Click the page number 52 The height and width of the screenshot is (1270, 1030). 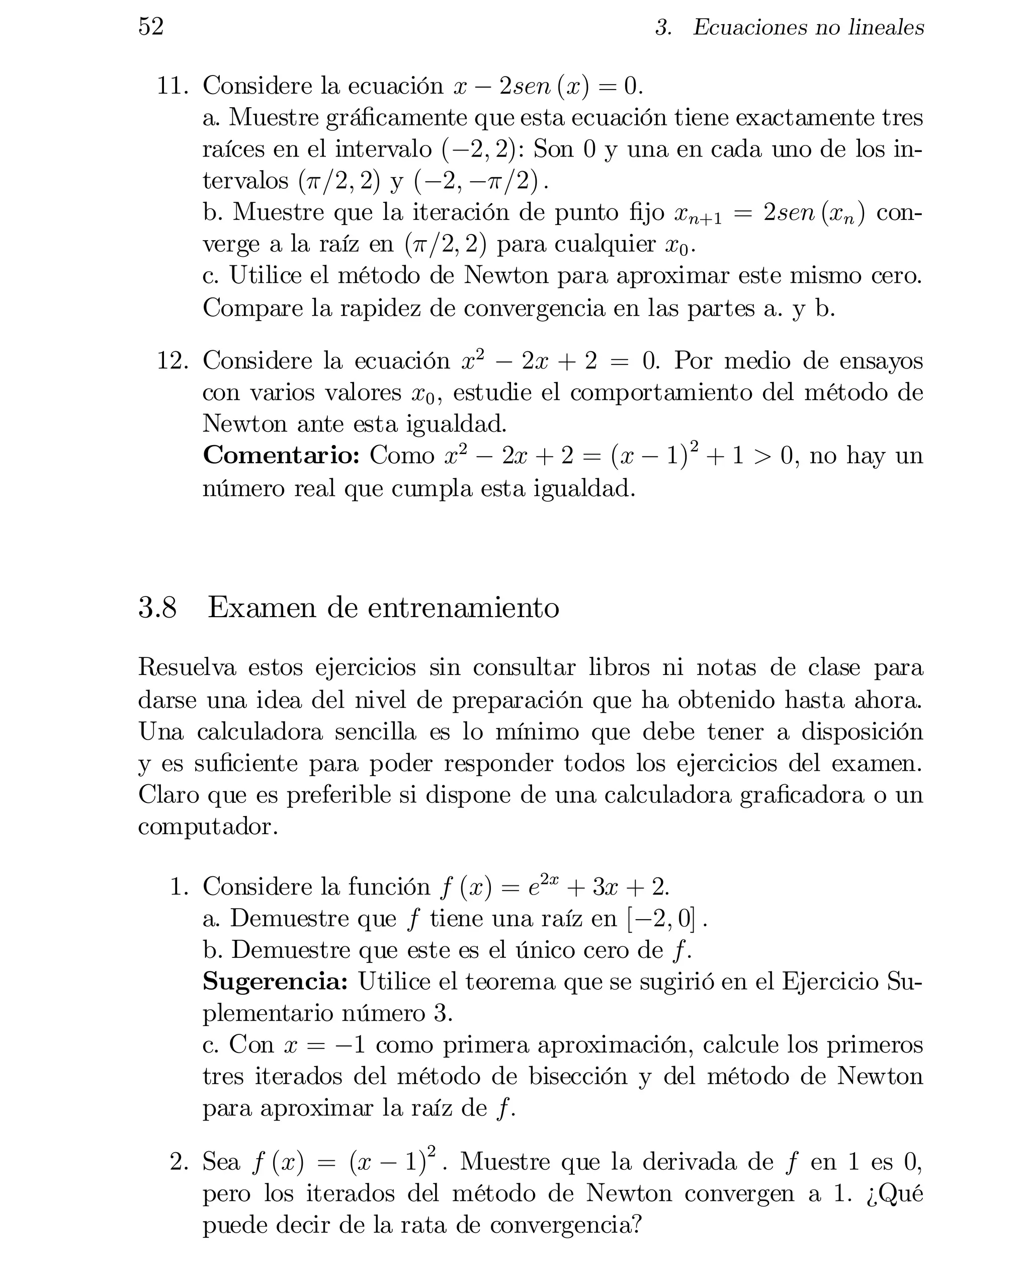click(151, 27)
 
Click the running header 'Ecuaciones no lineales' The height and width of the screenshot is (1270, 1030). click(808, 27)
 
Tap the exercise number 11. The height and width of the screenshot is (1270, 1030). click(172, 86)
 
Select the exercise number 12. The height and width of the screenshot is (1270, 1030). click(172, 361)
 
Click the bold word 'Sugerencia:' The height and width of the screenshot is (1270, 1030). click(275, 982)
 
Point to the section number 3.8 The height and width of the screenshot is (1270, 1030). click(157, 608)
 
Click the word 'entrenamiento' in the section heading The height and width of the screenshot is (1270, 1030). click(463, 608)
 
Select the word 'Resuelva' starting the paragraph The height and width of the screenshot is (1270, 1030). click(187, 667)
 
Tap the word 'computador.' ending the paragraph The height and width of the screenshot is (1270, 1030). click(208, 827)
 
